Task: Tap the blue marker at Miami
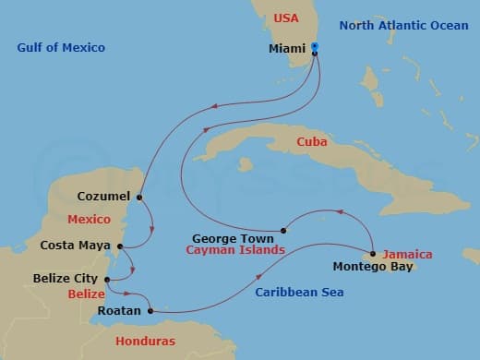315,45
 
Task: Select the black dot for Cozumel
139,197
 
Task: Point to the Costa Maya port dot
121,246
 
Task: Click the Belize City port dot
108,280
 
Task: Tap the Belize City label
66,277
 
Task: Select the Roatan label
118,311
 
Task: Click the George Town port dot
283,230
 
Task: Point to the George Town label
230,236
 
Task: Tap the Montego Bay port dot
372,254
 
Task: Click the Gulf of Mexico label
61,47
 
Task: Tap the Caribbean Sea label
298,293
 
